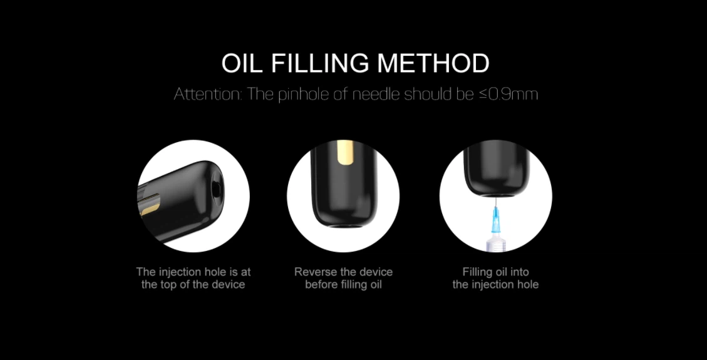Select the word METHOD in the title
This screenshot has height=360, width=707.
click(433, 63)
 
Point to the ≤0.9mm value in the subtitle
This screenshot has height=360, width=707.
click(508, 94)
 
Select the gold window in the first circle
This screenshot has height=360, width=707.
click(149, 208)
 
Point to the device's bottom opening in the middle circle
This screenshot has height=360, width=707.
click(343, 224)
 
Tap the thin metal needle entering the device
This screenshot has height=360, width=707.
click(495, 202)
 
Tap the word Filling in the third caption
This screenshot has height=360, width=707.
click(477, 272)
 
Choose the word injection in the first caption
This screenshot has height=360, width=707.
click(180, 272)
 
